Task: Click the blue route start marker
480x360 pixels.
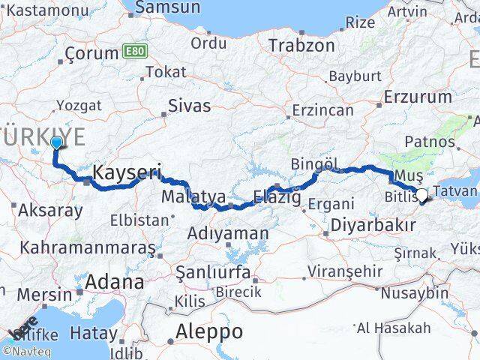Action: coord(56,142)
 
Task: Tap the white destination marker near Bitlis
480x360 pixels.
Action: coord(421,195)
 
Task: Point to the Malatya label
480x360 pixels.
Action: coord(193,196)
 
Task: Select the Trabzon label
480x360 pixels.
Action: coord(303,45)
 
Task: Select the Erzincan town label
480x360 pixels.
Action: coord(322,109)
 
